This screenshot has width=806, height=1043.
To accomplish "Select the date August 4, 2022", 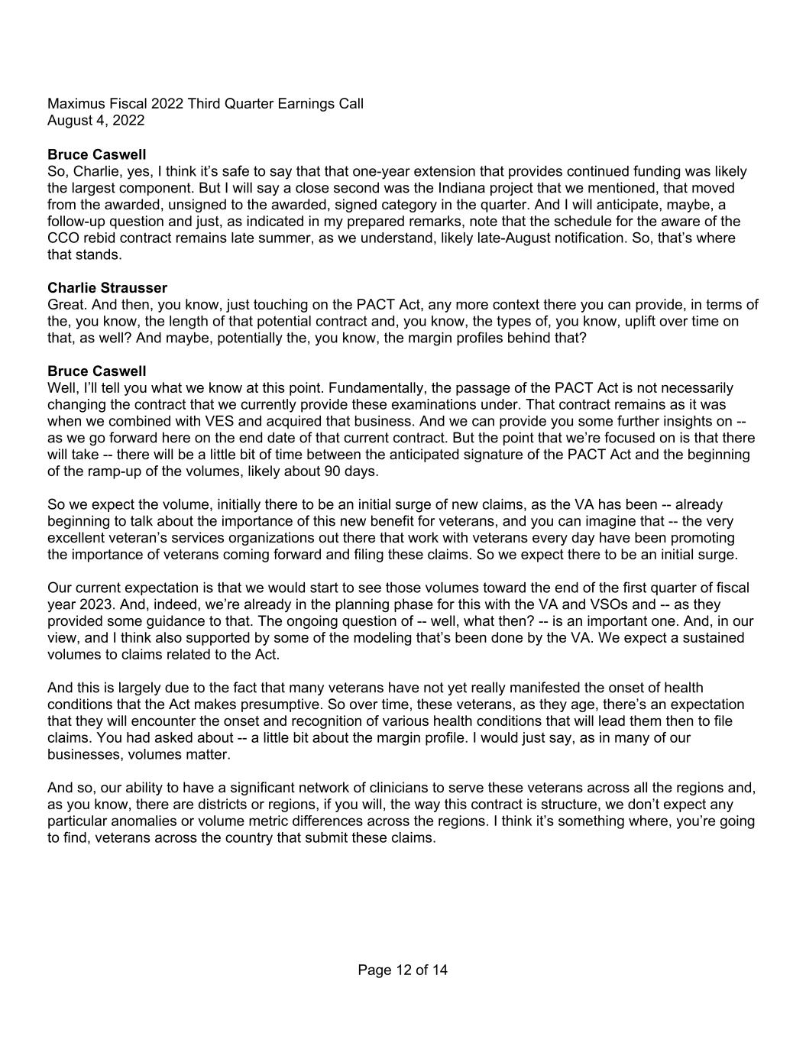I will [x=95, y=120].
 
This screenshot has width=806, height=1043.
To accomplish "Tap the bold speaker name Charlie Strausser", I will [x=107, y=288].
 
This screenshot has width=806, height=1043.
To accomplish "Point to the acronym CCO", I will [x=63, y=238].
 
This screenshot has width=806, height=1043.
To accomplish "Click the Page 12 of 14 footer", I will [x=403, y=970].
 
